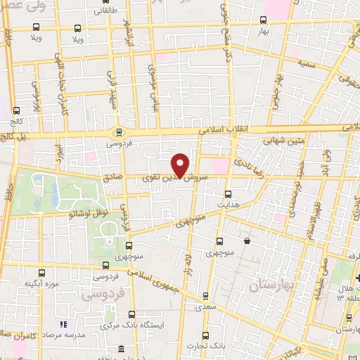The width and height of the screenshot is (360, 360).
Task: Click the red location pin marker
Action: point(181,165)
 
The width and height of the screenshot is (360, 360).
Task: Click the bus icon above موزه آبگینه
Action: point(42,274)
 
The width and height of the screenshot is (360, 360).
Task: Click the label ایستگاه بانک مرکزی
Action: point(131,326)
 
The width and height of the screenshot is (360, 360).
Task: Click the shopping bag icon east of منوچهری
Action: point(247,241)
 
